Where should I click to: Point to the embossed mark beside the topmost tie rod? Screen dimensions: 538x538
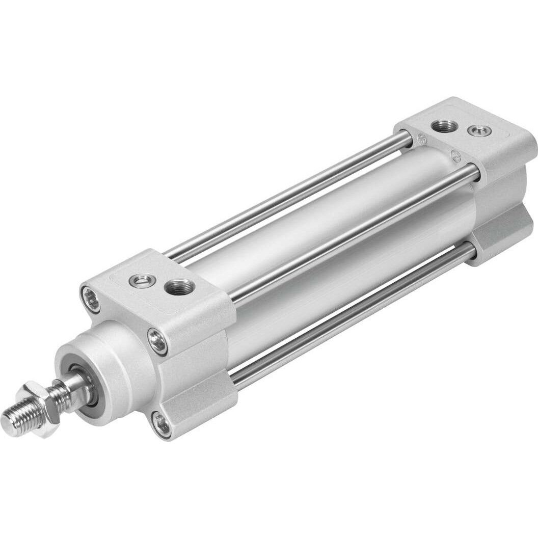421,138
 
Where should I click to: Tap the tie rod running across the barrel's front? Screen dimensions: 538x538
352,234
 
